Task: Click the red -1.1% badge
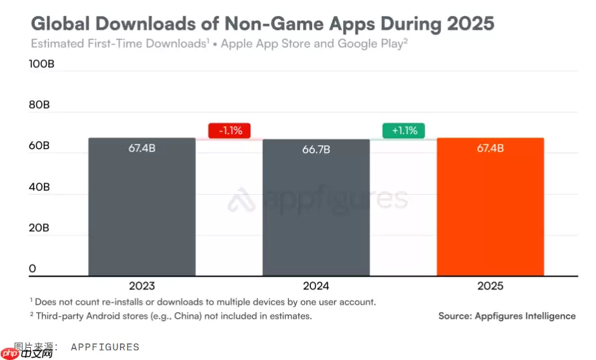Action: pyautogui.click(x=230, y=130)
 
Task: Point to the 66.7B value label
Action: pyautogui.click(x=316, y=150)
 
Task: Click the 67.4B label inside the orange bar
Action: pyautogui.click(x=490, y=148)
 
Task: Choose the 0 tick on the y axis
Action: pyautogui.click(x=32, y=268)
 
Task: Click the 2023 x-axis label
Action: pyautogui.click(x=142, y=285)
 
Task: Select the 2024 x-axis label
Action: pyautogui.click(x=316, y=285)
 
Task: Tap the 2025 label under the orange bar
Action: pyautogui.click(x=490, y=285)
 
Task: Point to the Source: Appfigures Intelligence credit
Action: pyautogui.click(x=507, y=315)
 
